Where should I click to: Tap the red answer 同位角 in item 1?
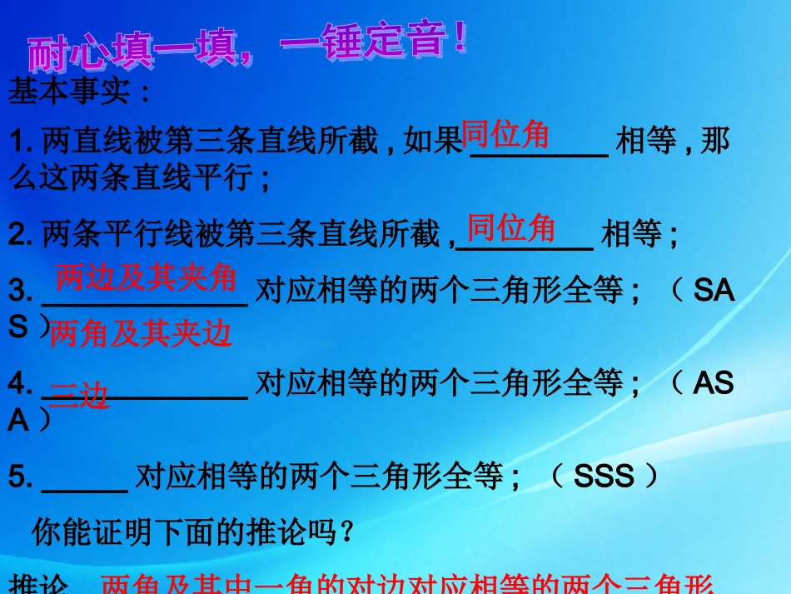505,134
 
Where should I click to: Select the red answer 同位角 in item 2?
510,227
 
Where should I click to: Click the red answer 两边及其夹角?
146,278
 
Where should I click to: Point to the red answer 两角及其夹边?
140,334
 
